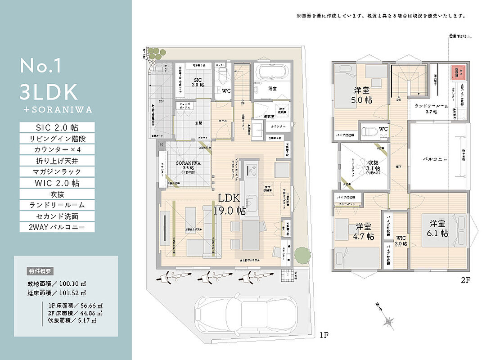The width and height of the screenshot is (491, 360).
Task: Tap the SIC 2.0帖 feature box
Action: [x=57, y=127]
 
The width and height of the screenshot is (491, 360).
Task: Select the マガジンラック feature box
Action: [x=57, y=171]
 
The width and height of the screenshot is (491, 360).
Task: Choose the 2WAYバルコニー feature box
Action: [x=57, y=227]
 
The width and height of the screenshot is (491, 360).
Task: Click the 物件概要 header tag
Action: [x=41, y=271]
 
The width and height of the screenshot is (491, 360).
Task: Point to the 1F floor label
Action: [x=324, y=335]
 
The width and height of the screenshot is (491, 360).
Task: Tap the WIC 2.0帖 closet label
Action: [x=401, y=240]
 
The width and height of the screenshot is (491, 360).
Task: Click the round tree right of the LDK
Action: [x=302, y=254]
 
